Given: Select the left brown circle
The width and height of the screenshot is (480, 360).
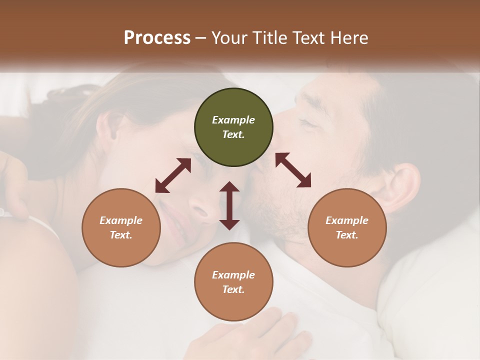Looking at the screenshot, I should (x=121, y=227).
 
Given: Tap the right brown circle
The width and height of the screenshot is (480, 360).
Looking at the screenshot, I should (x=346, y=227).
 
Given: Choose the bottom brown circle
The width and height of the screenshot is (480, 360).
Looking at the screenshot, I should (x=233, y=282).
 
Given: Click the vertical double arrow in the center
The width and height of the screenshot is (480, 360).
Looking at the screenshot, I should (x=229, y=205).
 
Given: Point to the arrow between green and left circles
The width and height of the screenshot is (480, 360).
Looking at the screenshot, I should (x=173, y=175).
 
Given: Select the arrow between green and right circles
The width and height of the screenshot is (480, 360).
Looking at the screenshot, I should (x=293, y=170).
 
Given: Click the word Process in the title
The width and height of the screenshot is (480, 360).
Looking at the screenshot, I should (x=157, y=38).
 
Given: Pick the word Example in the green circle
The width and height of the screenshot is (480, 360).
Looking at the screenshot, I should (x=233, y=120).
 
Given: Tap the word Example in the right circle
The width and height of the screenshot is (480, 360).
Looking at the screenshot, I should (x=346, y=220).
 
